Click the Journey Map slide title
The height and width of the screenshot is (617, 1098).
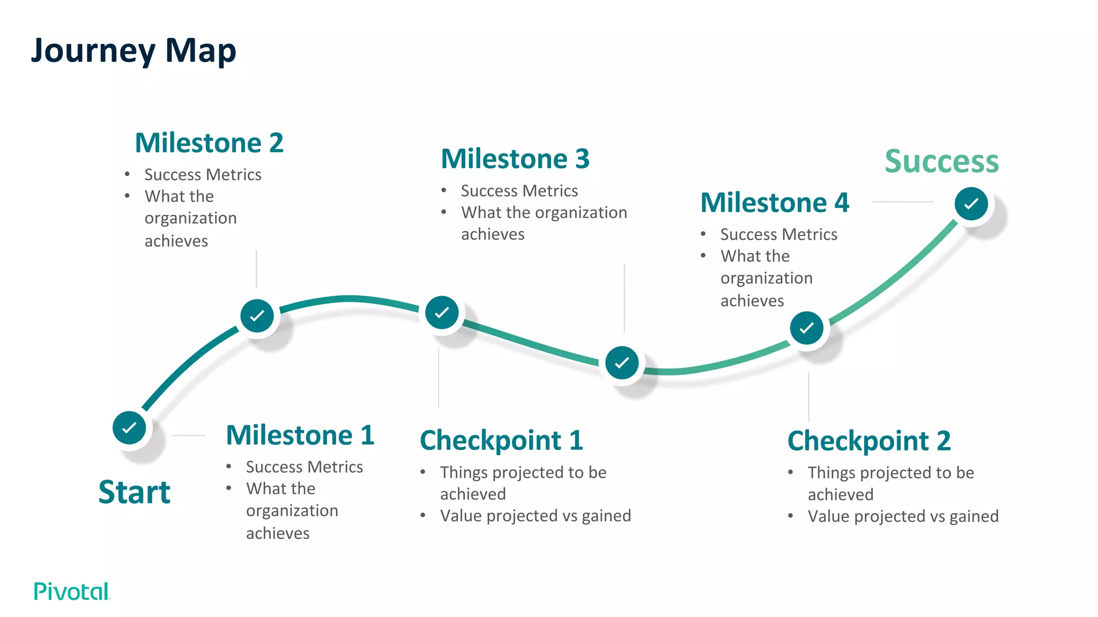[133, 51]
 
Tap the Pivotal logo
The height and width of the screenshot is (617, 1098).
[72, 591]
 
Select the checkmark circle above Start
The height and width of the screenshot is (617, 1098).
[129, 427]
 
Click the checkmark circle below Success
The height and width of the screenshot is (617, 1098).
[971, 204]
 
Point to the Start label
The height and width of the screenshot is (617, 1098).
[135, 492]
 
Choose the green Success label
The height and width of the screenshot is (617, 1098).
[941, 161]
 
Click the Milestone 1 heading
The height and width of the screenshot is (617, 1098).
[300, 435]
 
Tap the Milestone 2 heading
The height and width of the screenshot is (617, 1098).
[209, 143]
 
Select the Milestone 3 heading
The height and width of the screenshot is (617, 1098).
[515, 159]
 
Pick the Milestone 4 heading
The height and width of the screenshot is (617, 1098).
[775, 203]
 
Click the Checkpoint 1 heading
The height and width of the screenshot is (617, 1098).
[501, 441]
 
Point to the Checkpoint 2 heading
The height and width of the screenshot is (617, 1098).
[869, 441]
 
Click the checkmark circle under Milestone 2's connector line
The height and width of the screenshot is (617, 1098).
[257, 315]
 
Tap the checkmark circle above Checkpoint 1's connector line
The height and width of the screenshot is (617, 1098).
[442, 312]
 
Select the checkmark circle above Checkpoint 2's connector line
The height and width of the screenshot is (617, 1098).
[807, 328]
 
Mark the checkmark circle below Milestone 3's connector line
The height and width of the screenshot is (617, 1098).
[622, 363]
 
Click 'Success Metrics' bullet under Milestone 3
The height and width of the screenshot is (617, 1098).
[519, 191]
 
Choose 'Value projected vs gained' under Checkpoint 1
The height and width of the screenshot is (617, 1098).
[535, 516]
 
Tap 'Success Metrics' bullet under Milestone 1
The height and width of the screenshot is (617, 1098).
[304, 467]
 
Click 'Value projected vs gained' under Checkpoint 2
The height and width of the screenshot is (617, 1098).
[903, 516]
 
